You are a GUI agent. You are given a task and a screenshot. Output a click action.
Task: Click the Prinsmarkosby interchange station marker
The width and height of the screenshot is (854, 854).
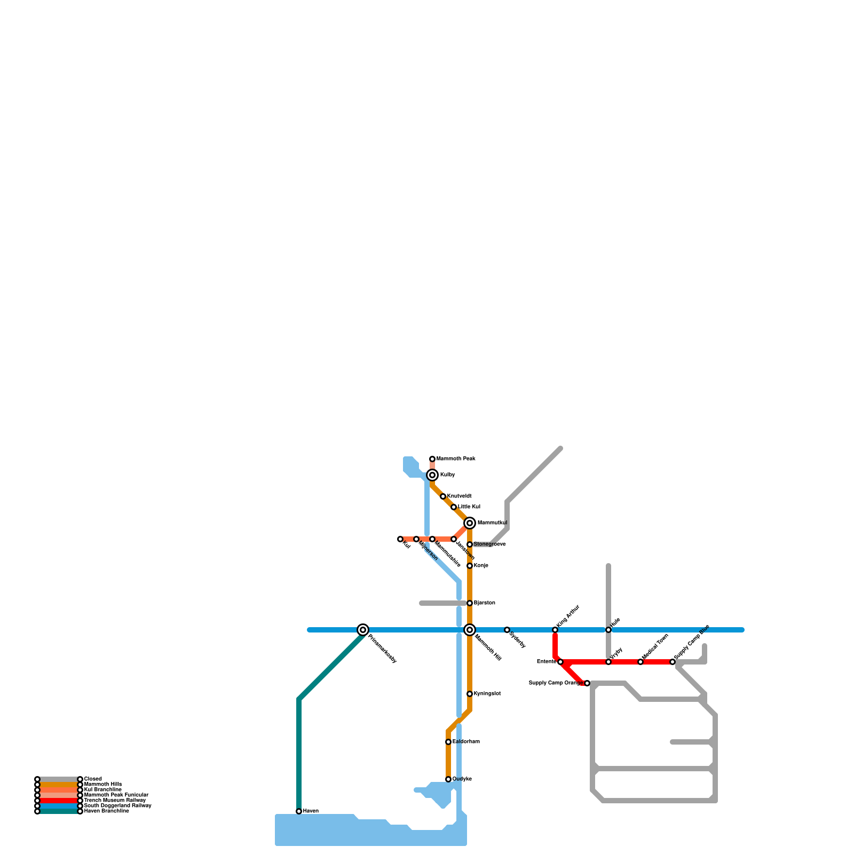coord(363,630)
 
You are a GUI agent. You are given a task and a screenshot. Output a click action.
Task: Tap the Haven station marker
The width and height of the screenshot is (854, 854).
coord(299,811)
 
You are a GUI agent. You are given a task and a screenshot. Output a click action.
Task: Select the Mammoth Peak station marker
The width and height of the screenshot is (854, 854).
coord(432,459)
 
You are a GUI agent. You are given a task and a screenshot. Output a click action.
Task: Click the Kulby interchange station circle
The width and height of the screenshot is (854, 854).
coord(432,475)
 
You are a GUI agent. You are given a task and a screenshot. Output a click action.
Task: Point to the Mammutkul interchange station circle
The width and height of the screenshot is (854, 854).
coord(470,523)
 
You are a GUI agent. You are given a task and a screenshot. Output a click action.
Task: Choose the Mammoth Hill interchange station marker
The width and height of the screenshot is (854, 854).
coord(470,630)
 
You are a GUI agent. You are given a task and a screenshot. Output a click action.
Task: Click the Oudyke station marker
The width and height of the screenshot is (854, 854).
coord(448,779)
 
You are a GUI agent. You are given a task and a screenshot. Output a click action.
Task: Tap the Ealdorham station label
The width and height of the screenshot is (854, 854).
coord(466,742)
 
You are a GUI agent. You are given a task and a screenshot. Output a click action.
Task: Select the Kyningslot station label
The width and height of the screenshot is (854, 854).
coord(487,694)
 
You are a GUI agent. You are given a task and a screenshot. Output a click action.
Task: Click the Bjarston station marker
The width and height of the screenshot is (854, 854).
coord(470,603)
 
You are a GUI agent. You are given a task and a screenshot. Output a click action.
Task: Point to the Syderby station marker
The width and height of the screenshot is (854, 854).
coord(507,630)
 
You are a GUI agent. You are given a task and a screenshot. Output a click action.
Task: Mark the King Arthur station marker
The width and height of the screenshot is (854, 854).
coord(555,630)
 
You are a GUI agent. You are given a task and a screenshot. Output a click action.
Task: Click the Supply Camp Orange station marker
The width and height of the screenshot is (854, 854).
coord(587,683)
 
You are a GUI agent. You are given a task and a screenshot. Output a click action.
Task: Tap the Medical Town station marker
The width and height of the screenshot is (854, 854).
coord(640,662)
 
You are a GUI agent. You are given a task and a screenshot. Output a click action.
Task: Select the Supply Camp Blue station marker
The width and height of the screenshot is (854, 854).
coord(673,662)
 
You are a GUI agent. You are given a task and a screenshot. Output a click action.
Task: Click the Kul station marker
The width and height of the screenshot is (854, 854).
coord(400,539)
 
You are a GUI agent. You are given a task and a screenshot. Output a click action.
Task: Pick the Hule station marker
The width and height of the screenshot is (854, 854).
coord(608,630)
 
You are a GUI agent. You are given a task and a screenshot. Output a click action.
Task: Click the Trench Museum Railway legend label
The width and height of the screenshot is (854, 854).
coord(115,801)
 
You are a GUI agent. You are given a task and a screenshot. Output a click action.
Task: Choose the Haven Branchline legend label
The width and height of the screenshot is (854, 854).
coord(107,811)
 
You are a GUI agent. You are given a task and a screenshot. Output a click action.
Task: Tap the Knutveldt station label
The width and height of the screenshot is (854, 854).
coord(459,496)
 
